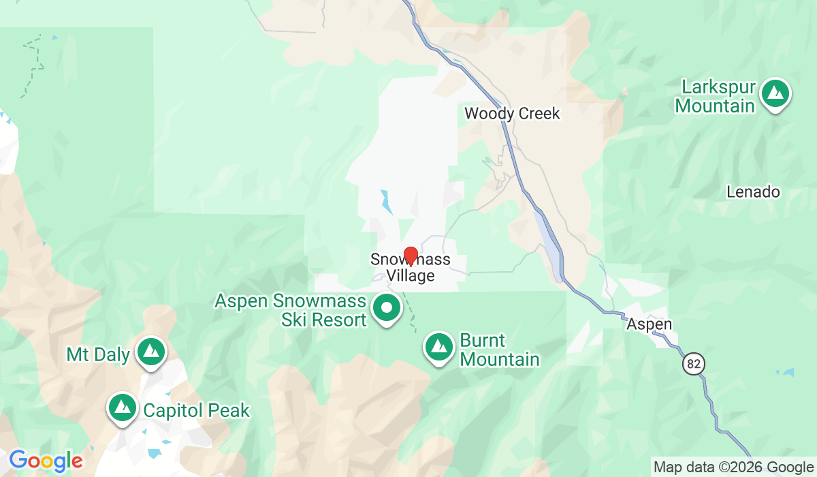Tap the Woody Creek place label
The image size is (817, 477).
512,113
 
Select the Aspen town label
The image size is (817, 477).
650,324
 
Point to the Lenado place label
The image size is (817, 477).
753,192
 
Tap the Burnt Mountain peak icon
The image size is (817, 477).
439,347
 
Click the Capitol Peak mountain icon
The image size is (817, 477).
123,407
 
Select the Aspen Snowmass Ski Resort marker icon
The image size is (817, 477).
387,308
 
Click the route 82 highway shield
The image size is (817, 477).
693,364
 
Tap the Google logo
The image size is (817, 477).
46,461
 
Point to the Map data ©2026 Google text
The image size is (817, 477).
733,467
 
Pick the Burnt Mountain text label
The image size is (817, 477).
499,350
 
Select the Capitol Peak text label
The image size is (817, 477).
196,411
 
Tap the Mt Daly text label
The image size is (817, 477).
97,354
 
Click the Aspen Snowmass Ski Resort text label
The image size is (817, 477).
291,310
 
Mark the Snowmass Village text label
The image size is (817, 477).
411,268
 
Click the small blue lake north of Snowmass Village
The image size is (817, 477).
387,202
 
